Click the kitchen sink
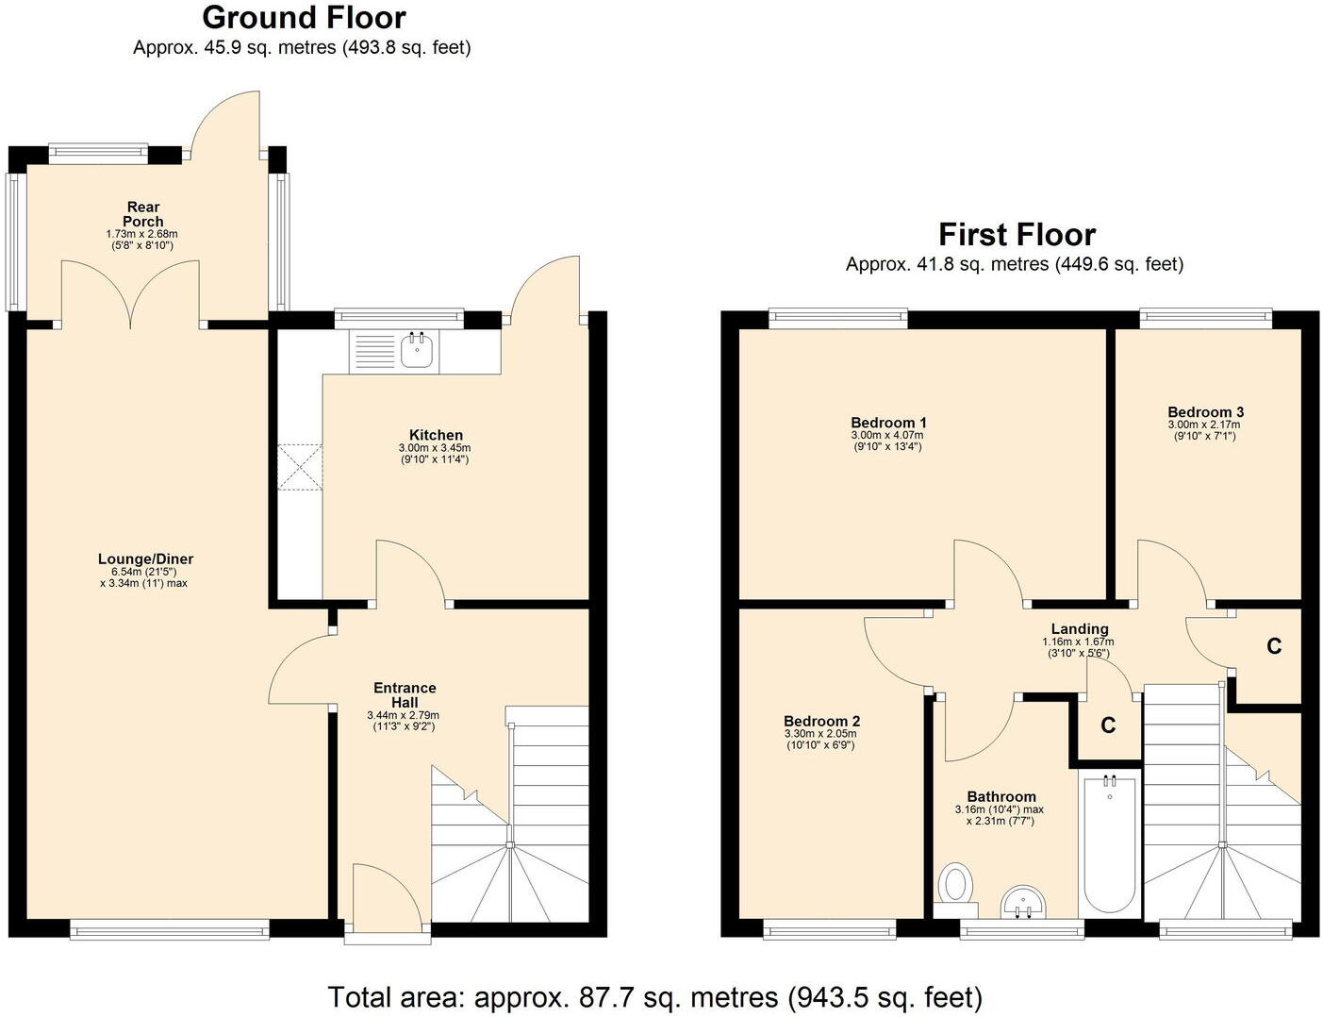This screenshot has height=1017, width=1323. [416, 350]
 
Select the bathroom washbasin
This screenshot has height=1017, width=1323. [1023, 901]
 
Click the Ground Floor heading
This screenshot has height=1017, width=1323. [304, 18]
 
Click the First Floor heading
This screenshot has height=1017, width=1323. [1017, 234]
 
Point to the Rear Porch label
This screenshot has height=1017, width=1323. [142, 214]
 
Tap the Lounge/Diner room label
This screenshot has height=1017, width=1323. [145, 559]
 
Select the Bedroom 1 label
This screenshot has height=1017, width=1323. [888, 423]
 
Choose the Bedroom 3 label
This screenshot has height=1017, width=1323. [1205, 412]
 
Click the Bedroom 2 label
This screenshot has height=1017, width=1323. [821, 722]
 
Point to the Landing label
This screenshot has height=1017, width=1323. [1080, 629]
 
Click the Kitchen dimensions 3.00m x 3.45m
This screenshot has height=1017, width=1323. [435, 448]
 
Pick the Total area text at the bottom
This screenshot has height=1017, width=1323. [654, 996]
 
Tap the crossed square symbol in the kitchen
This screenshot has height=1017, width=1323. [300, 467]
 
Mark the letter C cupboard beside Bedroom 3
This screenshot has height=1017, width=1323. [1273, 646]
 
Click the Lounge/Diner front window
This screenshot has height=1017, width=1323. [170, 931]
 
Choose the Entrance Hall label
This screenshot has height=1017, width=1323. [405, 695]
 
